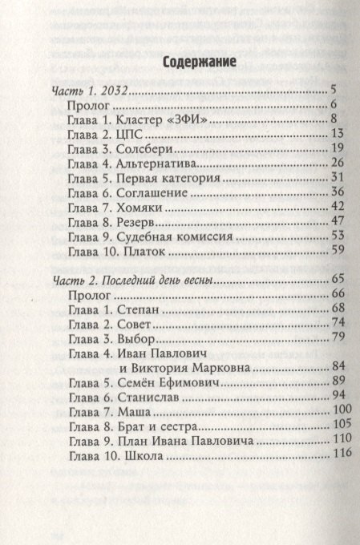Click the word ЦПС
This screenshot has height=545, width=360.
pyautogui.click(x=131, y=135)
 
